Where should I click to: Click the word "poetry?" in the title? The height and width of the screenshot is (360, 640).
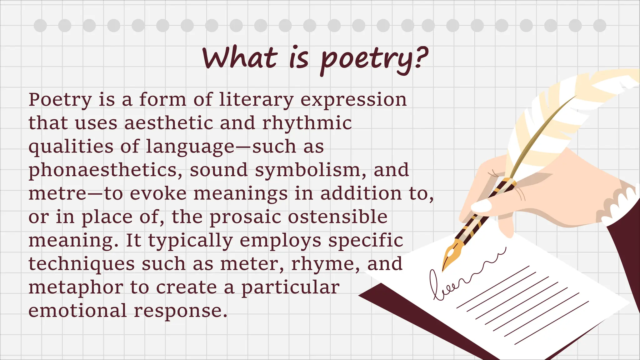[x=374, y=59]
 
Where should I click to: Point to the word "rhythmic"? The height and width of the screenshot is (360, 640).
[x=307, y=123]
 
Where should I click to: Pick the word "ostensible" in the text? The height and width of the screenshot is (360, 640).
[x=337, y=217]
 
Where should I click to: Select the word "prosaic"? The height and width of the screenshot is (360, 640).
[x=245, y=217]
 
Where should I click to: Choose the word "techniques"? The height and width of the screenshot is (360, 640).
[x=82, y=264]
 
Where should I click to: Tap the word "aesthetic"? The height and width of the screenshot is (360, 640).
[x=168, y=123]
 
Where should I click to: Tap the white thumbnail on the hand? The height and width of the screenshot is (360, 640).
[x=481, y=206]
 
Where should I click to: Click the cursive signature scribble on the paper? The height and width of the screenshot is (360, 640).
[x=459, y=275]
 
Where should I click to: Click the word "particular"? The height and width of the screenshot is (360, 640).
[x=290, y=287]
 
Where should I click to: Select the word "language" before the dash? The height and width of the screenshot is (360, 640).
[x=190, y=147]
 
